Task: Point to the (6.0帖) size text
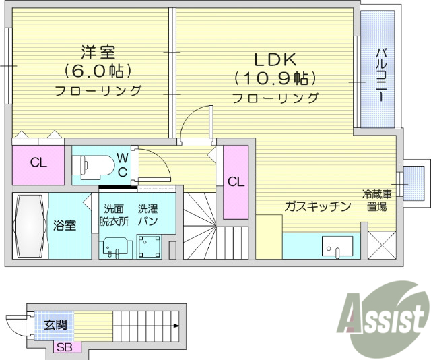tap(97, 70)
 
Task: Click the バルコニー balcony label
tap(380, 75)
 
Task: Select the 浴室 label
tap(66, 225)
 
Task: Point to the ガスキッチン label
tap(317, 206)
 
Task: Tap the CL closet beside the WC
tap(38, 162)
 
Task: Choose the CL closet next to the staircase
tap(235, 181)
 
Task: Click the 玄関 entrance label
tap(55, 325)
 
